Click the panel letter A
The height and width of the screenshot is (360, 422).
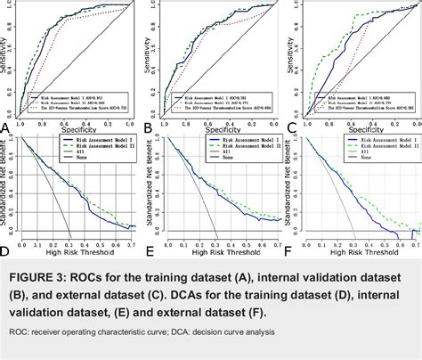[7, 127]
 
